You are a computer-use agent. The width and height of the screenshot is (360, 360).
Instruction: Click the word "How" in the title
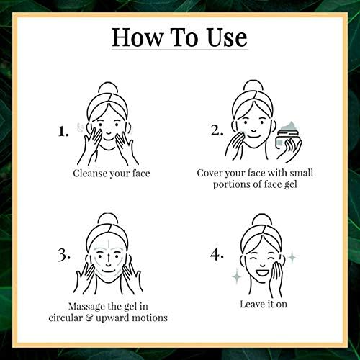(x=138, y=37)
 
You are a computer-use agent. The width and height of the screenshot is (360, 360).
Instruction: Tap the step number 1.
(x=63, y=132)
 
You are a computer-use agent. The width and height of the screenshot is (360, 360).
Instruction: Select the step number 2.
(x=217, y=130)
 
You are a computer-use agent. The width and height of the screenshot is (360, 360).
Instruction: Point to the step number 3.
(x=64, y=254)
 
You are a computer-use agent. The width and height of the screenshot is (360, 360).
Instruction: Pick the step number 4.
(x=217, y=254)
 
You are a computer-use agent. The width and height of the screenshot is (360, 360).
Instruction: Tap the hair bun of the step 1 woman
(x=108, y=89)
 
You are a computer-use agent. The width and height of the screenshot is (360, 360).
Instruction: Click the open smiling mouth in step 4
(x=262, y=273)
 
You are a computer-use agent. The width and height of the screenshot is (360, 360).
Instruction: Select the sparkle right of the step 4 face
(x=292, y=257)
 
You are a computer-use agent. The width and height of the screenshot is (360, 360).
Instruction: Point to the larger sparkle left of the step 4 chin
(x=237, y=276)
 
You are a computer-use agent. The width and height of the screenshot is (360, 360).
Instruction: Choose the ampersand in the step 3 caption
(x=89, y=318)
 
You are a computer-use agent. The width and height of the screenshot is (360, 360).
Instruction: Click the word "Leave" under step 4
(x=252, y=304)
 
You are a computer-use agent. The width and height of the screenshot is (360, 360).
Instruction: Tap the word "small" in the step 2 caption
(x=302, y=173)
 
